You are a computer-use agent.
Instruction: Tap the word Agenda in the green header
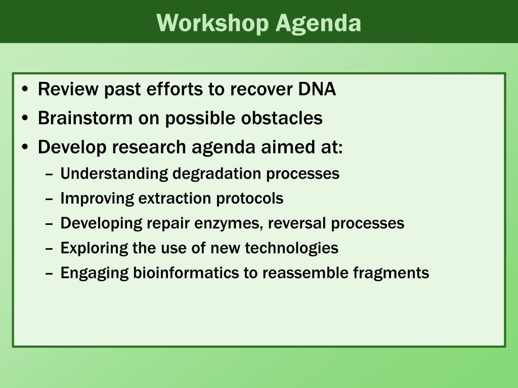(319, 23)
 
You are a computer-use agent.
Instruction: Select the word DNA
(317, 89)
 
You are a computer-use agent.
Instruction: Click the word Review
(68, 89)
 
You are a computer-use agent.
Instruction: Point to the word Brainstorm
(85, 118)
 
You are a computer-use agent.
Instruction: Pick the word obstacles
(282, 118)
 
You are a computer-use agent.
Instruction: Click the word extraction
(175, 198)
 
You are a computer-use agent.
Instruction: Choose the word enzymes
(229, 223)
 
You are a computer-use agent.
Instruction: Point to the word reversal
(297, 223)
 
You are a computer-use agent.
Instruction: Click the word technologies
(292, 248)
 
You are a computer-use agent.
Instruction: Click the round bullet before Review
(25, 89)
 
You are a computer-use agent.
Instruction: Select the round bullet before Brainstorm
(25, 118)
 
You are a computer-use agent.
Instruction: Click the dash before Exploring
(49, 249)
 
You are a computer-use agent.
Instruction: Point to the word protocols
(250, 199)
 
